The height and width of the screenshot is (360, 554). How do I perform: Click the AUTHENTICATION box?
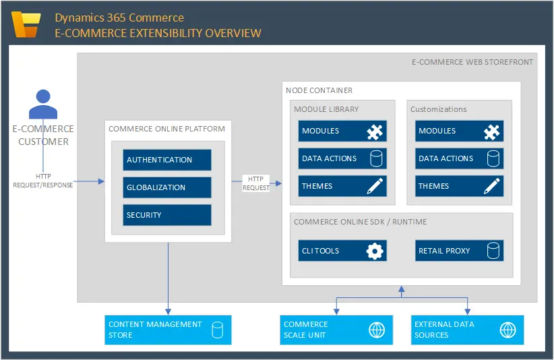click(167, 160)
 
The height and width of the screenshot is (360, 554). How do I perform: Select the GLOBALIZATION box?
click(167, 187)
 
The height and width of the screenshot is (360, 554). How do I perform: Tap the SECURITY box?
click(167, 215)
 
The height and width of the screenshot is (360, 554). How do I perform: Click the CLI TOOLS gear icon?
click(374, 251)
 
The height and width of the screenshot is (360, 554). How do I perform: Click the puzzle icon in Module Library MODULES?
click(375, 131)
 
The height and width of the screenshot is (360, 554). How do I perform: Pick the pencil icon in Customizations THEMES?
click(493, 186)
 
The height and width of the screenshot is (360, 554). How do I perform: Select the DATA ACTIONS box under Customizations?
click(459, 158)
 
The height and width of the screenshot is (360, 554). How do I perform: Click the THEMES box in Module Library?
click(342, 186)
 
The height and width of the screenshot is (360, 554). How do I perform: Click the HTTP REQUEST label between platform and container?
click(255, 183)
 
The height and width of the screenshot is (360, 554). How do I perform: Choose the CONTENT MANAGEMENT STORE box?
click(168, 330)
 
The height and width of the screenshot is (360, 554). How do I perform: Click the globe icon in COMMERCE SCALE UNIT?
click(376, 330)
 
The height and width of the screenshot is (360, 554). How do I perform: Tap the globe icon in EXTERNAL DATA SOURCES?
click(507, 330)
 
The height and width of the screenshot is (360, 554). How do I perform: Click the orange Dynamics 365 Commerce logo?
click(28, 26)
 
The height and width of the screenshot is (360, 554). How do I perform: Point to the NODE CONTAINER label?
click(319, 90)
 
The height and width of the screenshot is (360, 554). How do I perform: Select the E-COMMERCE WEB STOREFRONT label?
click(472, 62)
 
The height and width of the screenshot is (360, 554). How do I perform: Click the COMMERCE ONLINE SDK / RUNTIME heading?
click(360, 222)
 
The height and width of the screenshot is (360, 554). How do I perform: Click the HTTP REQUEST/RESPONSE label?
click(43, 181)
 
